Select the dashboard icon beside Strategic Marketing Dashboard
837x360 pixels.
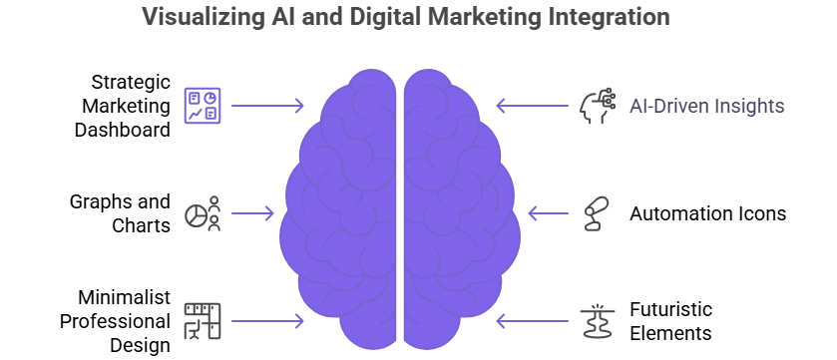click(x=204, y=106)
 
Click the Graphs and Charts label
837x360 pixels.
click(x=121, y=213)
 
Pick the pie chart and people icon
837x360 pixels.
click(x=205, y=213)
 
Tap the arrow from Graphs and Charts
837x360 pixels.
click(x=253, y=213)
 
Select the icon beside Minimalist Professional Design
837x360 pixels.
click(x=204, y=321)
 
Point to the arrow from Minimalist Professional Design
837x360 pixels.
click(x=267, y=321)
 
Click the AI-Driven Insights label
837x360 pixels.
click(x=706, y=106)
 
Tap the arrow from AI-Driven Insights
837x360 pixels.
click(x=534, y=106)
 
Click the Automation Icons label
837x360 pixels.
click(x=707, y=213)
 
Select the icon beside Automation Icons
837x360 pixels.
click(x=596, y=214)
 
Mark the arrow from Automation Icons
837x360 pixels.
click(x=548, y=213)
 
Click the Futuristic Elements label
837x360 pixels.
click(x=670, y=321)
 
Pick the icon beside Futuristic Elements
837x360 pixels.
click(x=596, y=321)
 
